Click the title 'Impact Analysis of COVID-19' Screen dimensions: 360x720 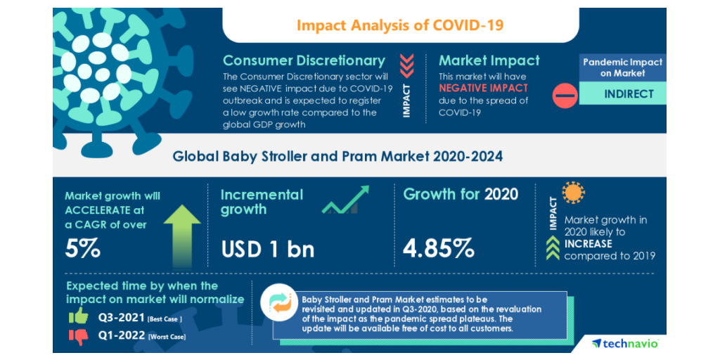point(399,25)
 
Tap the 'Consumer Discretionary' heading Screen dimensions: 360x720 point(304,60)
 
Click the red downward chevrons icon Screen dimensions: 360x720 point(406,65)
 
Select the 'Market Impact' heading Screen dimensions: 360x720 point(489,60)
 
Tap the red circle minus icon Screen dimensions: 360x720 point(565,95)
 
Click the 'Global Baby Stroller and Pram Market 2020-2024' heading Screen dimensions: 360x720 point(337,156)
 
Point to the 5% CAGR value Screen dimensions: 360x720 point(83,248)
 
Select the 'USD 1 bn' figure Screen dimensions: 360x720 point(267,248)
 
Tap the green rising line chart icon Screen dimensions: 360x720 point(346,200)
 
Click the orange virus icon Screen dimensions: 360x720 point(574,192)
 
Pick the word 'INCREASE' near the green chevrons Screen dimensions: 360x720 point(588,244)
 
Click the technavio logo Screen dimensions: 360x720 point(624,343)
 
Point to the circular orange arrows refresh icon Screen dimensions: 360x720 point(281,302)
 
